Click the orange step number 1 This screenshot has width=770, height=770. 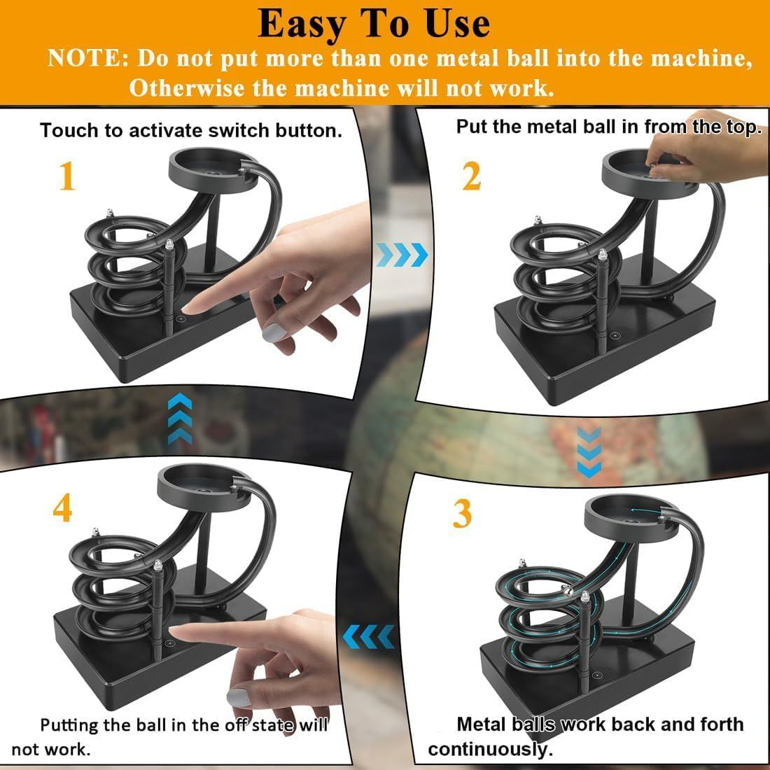(67, 176)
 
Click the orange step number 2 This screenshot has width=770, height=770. (472, 176)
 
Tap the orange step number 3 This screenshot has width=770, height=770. (462, 514)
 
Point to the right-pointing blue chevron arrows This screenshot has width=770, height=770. (402, 254)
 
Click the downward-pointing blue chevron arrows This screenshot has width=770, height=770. (589, 452)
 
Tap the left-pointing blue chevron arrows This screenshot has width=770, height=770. (368, 636)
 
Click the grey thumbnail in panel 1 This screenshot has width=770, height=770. (274, 333)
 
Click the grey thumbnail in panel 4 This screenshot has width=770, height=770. (239, 696)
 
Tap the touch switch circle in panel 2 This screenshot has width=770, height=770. (614, 336)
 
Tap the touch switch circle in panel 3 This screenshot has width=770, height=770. (596, 675)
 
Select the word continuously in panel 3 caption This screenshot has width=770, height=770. (491, 750)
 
